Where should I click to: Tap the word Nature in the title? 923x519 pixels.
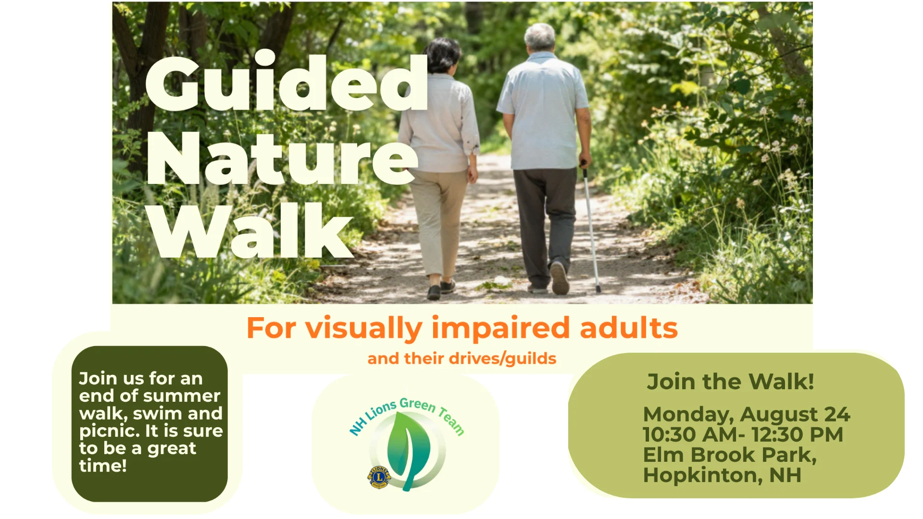pos(282,158)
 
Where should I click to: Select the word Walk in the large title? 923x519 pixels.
pos(250,231)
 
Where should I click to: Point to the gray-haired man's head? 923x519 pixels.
pos(540,37)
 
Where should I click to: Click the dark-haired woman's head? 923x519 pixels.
pos(443,55)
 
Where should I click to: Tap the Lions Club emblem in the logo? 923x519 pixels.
pos(379,477)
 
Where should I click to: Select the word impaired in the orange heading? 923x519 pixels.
pos(501,329)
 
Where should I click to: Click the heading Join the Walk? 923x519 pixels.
pos(730,382)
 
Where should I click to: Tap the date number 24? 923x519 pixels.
pos(837,414)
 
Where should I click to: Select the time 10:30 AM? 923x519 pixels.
pos(690,434)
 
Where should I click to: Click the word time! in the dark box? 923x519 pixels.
pos(103,465)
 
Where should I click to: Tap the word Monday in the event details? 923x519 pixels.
pos(688,415)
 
